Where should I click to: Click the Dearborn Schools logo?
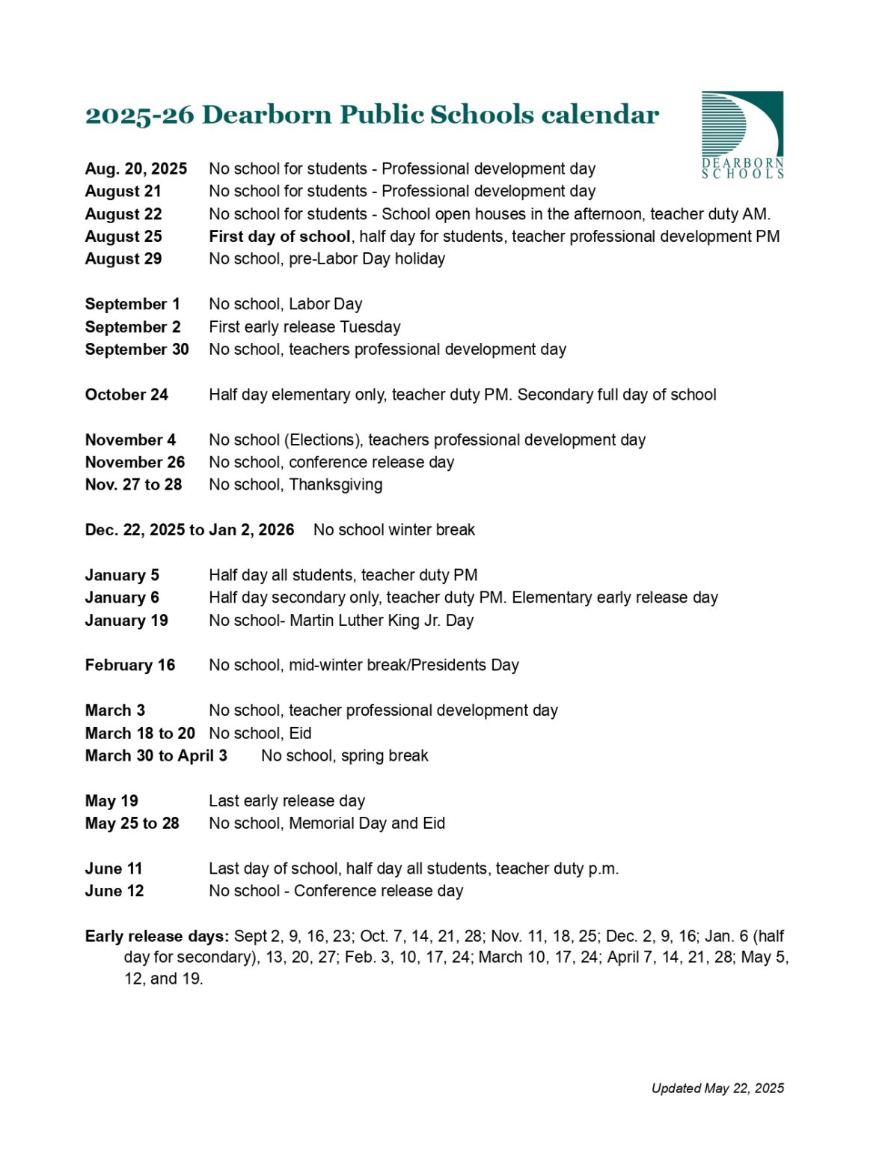(x=741, y=135)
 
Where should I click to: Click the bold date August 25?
(x=123, y=237)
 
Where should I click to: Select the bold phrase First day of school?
(x=280, y=237)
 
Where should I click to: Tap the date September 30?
(x=137, y=350)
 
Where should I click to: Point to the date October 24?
(x=126, y=395)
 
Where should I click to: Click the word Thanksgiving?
(x=336, y=485)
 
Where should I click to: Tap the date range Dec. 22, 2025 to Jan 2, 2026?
(x=189, y=530)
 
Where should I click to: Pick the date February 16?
(x=130, y=666)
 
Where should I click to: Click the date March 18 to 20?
(x=140, y=734)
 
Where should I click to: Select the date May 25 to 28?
(x=132, y=824)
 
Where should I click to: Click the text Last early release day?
(x=287, y=801)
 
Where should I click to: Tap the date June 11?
(x=114, y=868)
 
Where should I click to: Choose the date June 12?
(x=114, y=891)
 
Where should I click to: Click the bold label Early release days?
(x=157, y=937)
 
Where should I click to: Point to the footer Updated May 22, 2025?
(x=717, y=1089)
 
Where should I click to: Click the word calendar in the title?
(x=600, y=115)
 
